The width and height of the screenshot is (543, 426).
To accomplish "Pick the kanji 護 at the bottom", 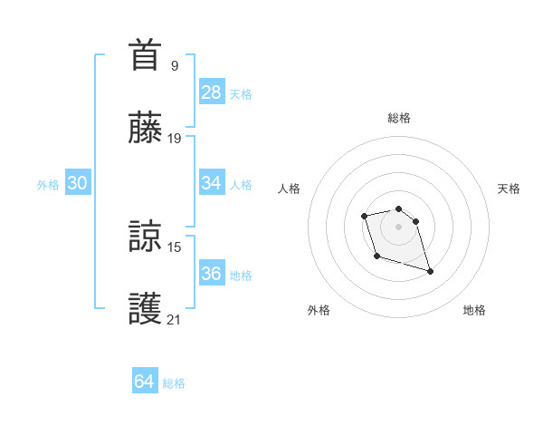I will [x=146, y=308].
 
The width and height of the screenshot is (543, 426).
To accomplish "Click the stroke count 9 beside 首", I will [x=174, y=65].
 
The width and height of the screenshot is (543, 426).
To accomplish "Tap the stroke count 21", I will [x=174, y=320].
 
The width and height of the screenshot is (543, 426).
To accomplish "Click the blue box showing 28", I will [x=212, y=92].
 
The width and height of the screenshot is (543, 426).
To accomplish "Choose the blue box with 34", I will [x=212, y=183].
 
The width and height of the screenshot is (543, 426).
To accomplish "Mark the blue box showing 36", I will [x=212, y=274].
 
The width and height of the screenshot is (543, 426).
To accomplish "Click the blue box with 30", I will [x=78, y=183].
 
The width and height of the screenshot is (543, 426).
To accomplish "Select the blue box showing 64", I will [x=145, y=382].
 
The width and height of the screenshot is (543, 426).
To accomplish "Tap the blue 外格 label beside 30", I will [x=48, y=185].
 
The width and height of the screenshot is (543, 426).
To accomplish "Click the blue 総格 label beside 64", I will [x=174, y=383].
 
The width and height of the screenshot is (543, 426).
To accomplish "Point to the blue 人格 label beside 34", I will [x=241, y=185].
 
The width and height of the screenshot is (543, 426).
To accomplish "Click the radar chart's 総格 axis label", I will [x=399, y=118].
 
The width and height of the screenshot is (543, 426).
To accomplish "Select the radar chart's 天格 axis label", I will [x=510, y=189].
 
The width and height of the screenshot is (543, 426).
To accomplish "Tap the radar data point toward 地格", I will [x=430, y=271].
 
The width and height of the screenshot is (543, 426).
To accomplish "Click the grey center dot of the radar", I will [x=399, y=226].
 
